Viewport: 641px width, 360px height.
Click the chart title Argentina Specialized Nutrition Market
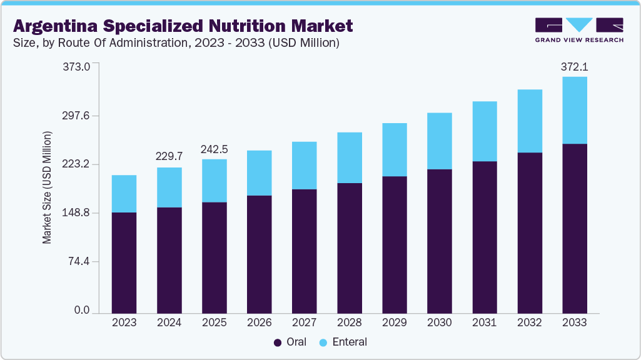pyautogui.click(x=183, y=26)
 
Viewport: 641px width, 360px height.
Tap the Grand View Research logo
pyautogui.click(x=579, y=30)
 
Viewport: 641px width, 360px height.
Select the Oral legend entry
pyautogui.click(x=290, y=342)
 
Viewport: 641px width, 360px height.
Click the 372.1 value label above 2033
pyautogui.click(x=574, y=66)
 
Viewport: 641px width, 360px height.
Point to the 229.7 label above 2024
pyautogui.click(x=169, y=157)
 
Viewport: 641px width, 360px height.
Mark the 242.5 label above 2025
pyautogui.click(x=214, y=149)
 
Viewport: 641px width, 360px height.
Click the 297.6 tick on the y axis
pyautogui.click(x=78, y=116)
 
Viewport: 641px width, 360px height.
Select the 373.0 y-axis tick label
pyautogui.click(x=78, y=66)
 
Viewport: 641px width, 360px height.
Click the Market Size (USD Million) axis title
pyautogui.click(x=48, y=187)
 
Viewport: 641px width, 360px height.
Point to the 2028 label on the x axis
pyautogui.click(x=349, y=322)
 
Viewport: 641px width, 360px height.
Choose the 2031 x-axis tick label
pyautogui.click(x=484, y=322)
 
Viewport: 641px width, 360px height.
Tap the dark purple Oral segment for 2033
pyautogui.click(x=574, y=228)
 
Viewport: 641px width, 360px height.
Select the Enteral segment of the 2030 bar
pyautogui.click(x=439, y=141)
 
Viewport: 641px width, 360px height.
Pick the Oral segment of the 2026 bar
pyautogui.click(x=259, y=254)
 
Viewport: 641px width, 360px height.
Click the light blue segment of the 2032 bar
pyautogui.click(x=529, y=121)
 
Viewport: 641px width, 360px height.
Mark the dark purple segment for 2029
pyautogui.click(x=394, y=244)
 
